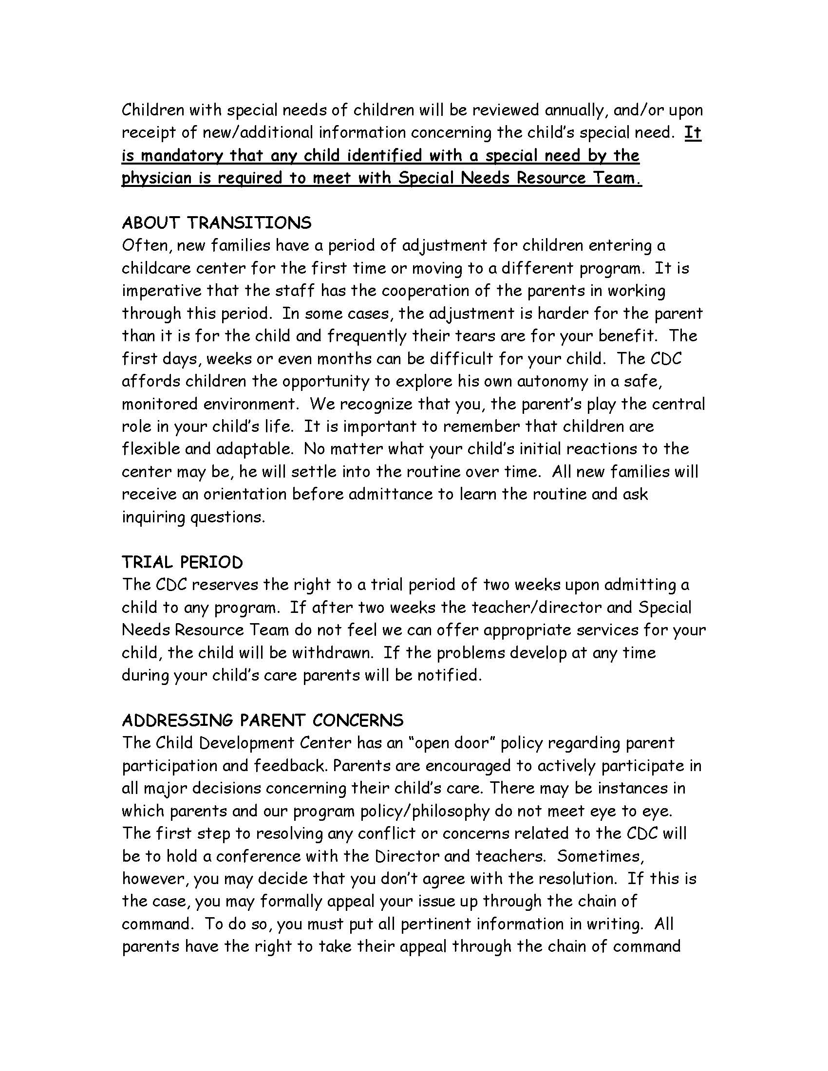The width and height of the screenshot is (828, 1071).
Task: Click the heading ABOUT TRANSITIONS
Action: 216,223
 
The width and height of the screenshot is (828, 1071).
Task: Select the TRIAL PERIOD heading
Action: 182,562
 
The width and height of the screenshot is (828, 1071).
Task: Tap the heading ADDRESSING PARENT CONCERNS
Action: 263,720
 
